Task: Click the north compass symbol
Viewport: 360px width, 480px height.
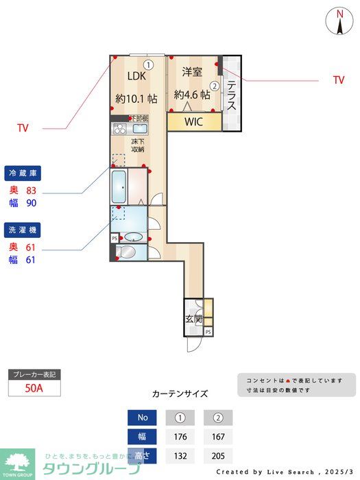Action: coord(339,21)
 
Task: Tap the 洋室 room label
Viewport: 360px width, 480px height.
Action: coord(192,71)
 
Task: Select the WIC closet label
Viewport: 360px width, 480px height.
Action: coord(194,122)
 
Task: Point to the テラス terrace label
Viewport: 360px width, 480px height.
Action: coord(232,97)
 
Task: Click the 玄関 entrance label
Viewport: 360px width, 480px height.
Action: coord(193,319)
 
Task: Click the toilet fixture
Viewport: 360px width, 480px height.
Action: coord(128,252)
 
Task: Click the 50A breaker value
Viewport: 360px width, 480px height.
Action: coord(34,387)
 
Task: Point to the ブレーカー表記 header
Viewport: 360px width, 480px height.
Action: coord(34,374)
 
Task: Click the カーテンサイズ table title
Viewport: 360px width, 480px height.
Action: coord(180,394)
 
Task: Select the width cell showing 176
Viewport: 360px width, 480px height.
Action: coord(180,436)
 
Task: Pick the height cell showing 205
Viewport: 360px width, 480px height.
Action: coord(218,455)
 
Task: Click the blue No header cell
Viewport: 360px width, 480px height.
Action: coord(143,418)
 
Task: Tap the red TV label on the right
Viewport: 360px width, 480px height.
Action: coord(339,80)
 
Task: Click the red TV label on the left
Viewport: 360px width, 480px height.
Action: coord(23,128)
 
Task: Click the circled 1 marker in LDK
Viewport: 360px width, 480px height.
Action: coord(149,64)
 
